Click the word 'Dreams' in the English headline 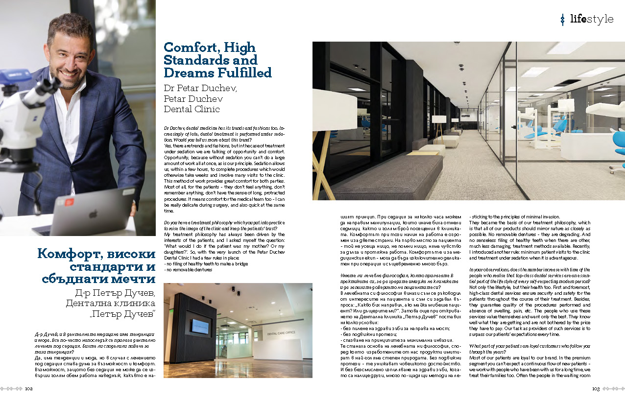[x=188, y=72]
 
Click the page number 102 [x=29, y=389]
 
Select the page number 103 [x=596, y=389]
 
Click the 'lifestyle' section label [x=591, y=19]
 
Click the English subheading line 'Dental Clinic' [x=192, y=109]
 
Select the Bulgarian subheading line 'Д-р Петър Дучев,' [x=113, y=293]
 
